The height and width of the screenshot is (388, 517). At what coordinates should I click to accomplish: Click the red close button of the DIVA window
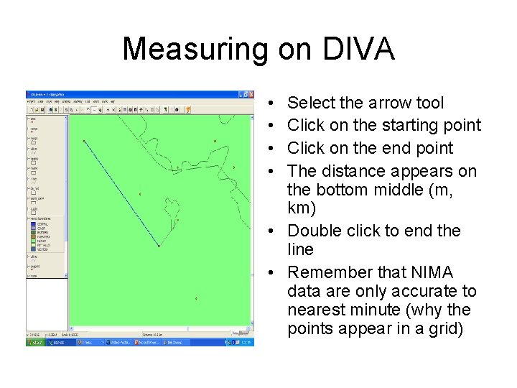click(250, 93)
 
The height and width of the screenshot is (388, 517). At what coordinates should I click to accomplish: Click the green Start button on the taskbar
click(34, 343)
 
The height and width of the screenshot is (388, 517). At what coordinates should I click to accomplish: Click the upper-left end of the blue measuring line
click(84, 141)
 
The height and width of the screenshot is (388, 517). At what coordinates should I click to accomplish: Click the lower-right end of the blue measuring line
click(159, 246)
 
